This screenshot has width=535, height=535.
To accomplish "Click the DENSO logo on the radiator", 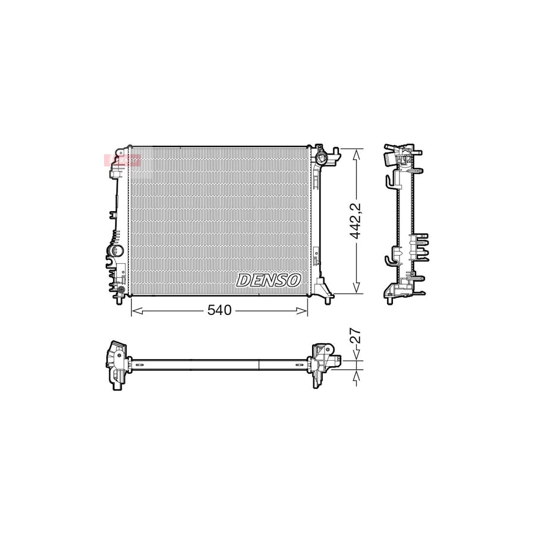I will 269,280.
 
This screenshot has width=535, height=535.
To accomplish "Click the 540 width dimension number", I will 219,310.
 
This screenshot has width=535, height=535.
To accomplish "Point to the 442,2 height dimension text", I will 356,221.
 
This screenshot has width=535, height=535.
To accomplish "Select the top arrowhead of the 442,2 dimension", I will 356,152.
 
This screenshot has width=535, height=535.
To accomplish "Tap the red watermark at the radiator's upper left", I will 121,159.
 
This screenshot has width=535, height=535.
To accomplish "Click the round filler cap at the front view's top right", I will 322,159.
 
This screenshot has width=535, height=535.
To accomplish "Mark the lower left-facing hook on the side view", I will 389,259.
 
